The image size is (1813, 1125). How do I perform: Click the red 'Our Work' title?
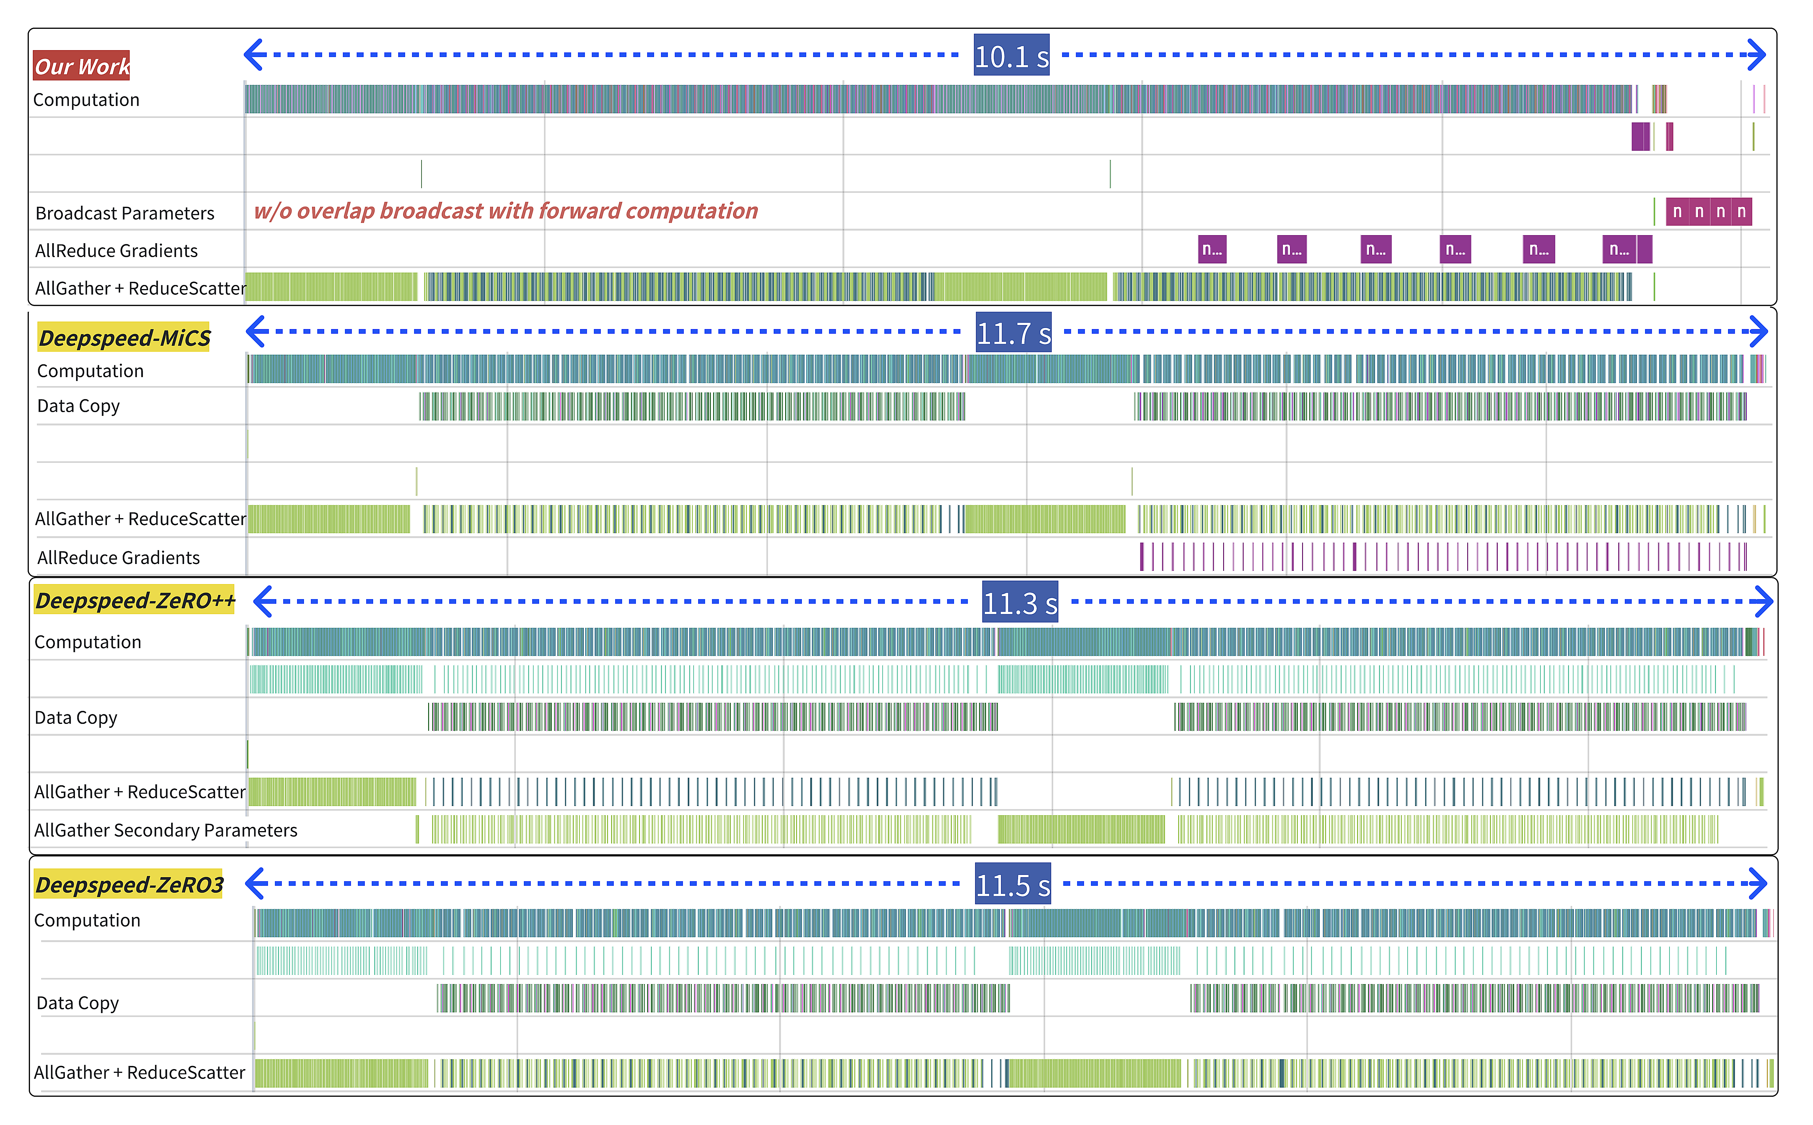(82, 65)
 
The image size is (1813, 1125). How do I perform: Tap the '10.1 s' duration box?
(1012, 55)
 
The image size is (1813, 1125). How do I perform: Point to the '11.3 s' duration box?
(1020, 602)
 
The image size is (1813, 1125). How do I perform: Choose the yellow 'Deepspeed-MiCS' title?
(124, 338)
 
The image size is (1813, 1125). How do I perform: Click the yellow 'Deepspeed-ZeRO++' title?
(135, 601)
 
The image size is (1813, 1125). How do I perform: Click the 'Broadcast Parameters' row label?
(125, 214)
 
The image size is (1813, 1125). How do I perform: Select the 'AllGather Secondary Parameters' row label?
(166, 830)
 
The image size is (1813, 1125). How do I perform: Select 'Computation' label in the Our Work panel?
(86, 100)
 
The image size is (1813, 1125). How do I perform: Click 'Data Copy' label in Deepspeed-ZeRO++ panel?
(76, 718)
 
